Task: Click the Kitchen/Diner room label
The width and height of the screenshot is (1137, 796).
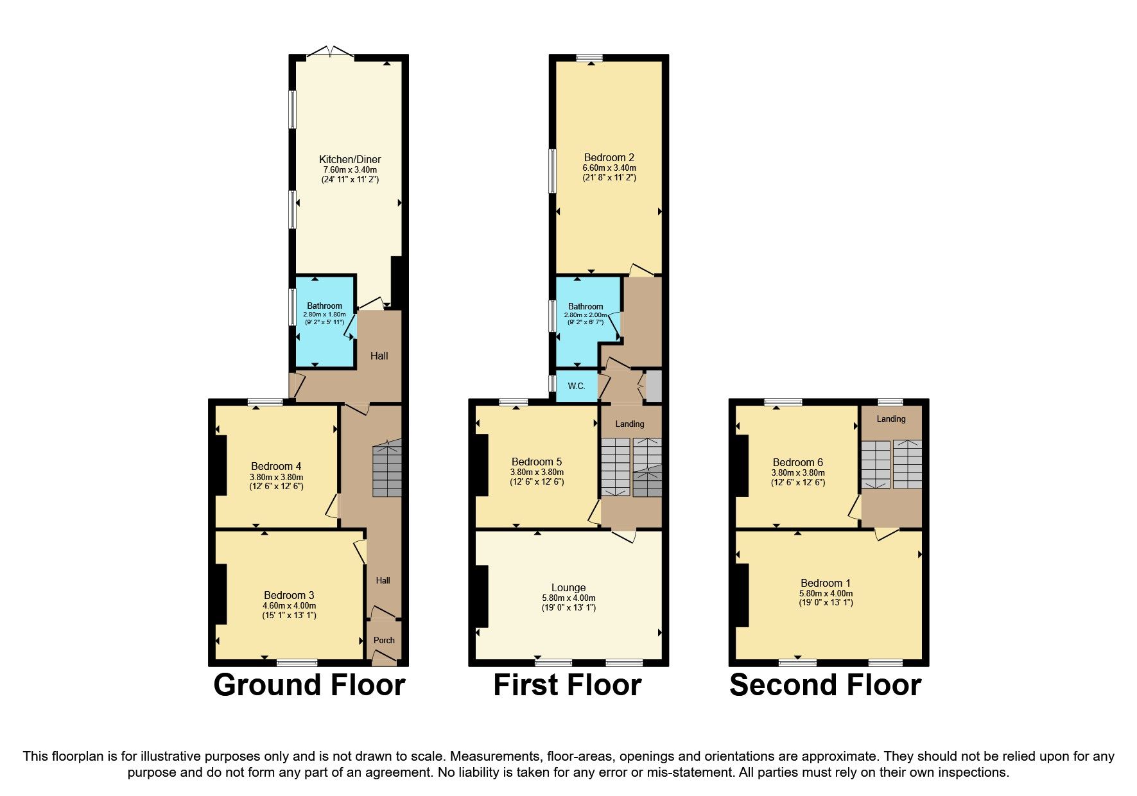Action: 350,159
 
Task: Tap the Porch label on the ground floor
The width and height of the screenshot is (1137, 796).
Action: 384,640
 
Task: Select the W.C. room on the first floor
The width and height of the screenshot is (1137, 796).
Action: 576,386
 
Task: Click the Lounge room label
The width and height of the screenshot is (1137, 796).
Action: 568,587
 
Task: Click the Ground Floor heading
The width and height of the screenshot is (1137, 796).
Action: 309,685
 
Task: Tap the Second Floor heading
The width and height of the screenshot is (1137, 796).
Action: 825,685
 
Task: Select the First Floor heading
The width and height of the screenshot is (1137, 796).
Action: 567,685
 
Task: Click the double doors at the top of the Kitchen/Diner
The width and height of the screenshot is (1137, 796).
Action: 329,53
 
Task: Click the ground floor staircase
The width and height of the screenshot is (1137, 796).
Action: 387,468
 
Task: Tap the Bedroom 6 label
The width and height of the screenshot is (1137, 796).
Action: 797,462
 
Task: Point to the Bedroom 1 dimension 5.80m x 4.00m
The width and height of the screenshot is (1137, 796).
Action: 826,594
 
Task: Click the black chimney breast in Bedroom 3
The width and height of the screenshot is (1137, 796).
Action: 220,594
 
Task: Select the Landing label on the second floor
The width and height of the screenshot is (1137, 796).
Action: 890,419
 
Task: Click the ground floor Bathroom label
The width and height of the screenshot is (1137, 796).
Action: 324,306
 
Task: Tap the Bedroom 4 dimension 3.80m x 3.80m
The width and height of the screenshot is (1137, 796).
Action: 276,477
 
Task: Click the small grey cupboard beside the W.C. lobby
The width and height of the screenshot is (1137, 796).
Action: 653,385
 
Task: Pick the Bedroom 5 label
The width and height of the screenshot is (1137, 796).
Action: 536,462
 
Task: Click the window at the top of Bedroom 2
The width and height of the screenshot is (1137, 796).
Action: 589,58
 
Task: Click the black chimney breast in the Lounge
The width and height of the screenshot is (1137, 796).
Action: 482,596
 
